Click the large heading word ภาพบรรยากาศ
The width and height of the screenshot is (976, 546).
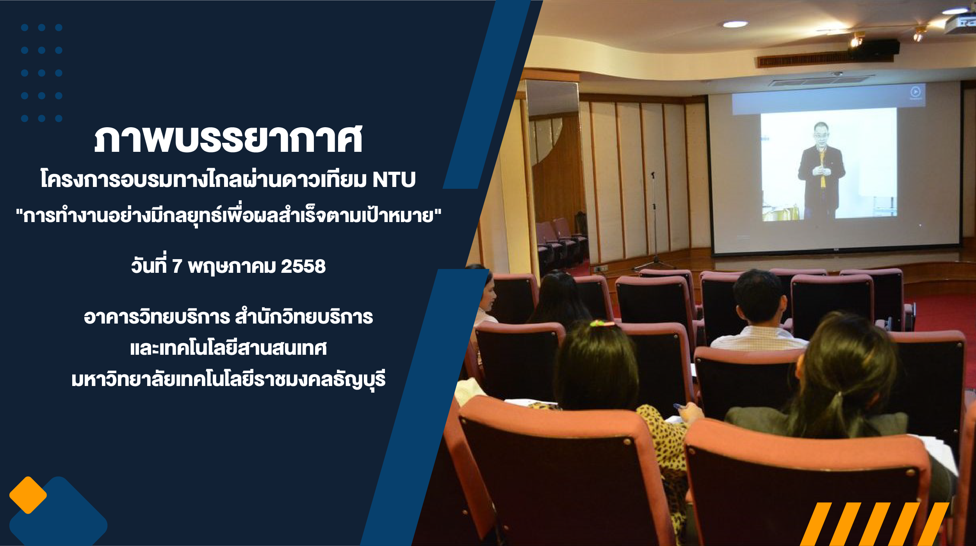(x=228, y=139)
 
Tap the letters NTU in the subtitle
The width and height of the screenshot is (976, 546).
(x=394, y=180)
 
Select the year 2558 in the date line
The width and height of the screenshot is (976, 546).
(x=303, y=267)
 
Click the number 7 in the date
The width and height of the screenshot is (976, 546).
(x=177, y=267)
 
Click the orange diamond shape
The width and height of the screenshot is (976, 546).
(x=28, y=495)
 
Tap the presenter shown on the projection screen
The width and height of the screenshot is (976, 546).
(x=821, y=171)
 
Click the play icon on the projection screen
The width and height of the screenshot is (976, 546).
(x=915, y=92)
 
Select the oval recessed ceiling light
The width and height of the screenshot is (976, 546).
(x=735, y=24)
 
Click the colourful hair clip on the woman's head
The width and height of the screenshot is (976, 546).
(x=602, y=323)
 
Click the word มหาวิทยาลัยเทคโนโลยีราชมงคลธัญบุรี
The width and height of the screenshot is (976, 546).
(x=228, y=380)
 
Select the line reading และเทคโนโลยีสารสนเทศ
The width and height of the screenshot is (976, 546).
(x=228, y=348)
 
